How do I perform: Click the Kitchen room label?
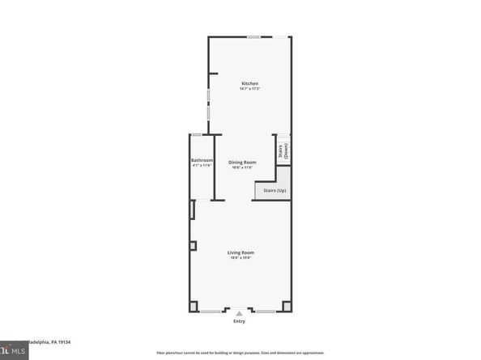point(249,83)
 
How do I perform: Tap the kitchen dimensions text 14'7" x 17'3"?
point(249,89)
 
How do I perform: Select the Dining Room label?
point(241,162)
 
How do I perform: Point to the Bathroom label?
point(202,160)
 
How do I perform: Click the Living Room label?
point(240,252)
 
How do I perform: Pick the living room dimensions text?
point(240,258)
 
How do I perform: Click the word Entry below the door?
point(239,322)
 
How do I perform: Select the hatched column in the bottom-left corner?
point(193,307)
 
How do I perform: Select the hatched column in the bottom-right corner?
point(287,307)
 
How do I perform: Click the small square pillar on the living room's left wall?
point(192,246)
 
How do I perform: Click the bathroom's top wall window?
point(197,134)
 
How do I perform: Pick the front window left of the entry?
point(212,311)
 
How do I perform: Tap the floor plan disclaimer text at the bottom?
point(240,354)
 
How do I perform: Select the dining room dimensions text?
point(241,167)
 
